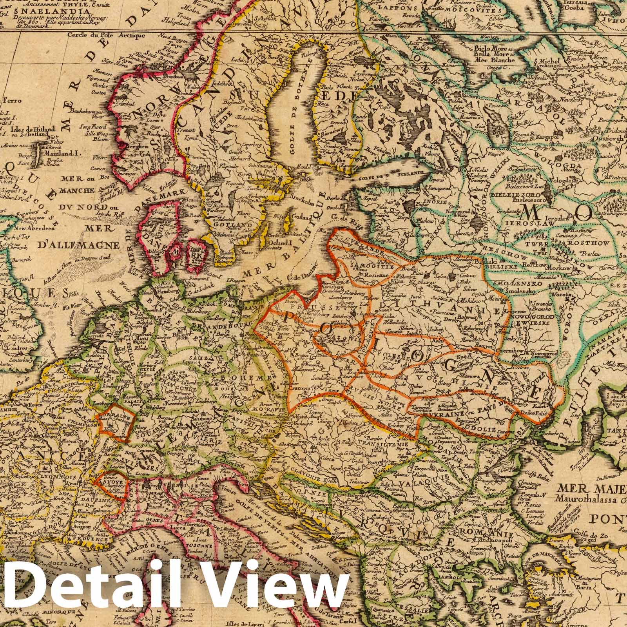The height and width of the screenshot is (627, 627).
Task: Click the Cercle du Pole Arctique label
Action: click(x=101, y=35)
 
